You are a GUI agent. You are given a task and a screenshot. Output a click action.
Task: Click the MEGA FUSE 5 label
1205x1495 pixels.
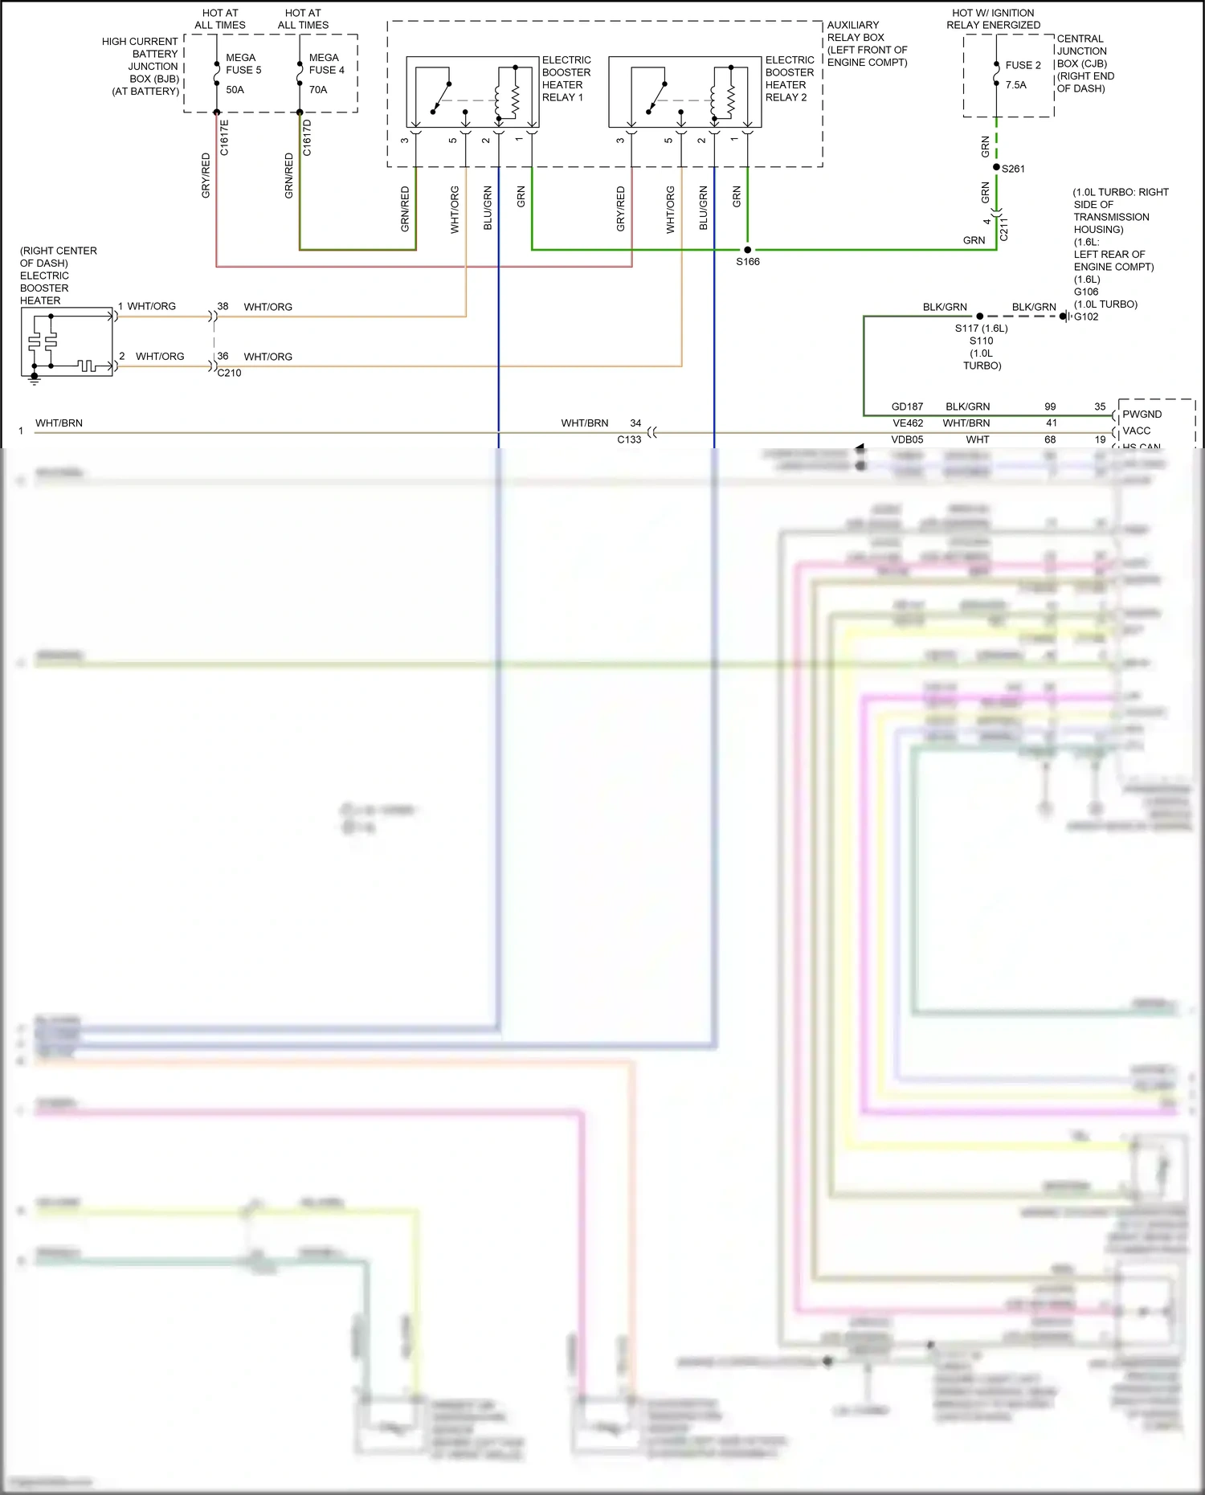click(243, 63)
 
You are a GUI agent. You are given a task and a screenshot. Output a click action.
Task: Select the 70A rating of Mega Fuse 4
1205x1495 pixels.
click(318, 90)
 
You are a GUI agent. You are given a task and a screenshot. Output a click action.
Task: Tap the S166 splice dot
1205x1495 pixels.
click(748, 250)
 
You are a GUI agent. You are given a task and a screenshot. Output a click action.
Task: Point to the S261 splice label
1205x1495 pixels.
click(1013, 169)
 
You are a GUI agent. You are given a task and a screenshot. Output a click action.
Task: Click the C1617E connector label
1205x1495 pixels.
click(224, 137)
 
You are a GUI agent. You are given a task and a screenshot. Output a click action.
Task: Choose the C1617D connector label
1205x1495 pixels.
click(307, 137)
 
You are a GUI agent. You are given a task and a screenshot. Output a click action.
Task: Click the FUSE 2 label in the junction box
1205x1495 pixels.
click(1023, 65)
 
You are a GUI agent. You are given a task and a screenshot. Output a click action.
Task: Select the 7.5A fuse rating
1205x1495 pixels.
click(1015, 85)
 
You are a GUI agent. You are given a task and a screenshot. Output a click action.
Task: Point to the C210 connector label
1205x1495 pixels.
click(229, 373)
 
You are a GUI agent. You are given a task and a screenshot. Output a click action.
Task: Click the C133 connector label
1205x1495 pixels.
click(629, 439)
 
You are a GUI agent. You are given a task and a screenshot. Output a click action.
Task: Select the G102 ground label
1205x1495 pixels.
click(1086, 317)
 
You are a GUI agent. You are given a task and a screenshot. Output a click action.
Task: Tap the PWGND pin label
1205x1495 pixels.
click(1142, 415)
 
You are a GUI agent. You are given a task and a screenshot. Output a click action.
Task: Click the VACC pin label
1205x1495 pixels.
click(1136, 431)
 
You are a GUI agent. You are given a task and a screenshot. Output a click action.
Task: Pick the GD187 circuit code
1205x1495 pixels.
click(907, 406)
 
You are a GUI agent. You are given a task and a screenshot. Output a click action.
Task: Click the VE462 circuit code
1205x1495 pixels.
click(908, 423)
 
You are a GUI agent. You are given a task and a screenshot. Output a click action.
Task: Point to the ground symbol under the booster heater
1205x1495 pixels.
click(34, 379)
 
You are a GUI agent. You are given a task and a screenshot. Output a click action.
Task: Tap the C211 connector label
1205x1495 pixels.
click(1003, 229)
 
